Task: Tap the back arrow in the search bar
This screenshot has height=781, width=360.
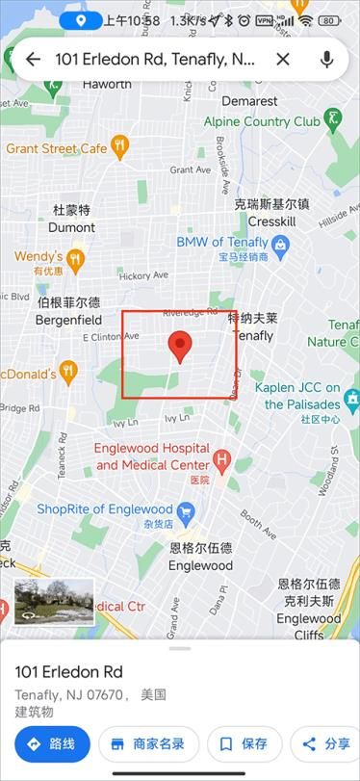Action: point(33,60)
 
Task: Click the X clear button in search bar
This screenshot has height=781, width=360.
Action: point(283,60)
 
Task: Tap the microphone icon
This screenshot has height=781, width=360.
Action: point(327,60)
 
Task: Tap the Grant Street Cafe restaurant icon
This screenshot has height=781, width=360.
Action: point(119,146)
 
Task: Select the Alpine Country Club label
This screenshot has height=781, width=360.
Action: point(262,122)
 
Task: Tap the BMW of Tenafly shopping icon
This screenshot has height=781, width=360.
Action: point(280,247)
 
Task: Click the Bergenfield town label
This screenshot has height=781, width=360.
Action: point(67,320)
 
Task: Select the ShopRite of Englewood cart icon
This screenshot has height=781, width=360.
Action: point(188,509)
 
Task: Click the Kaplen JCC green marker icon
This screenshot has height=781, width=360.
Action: point(351,397)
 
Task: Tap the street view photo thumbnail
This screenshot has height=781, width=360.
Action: point(54,601)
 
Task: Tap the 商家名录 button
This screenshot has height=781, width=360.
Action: point(148,743)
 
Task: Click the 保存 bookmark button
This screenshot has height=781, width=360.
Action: point(244,743)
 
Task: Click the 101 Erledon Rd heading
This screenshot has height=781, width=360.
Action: point(69,671)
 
